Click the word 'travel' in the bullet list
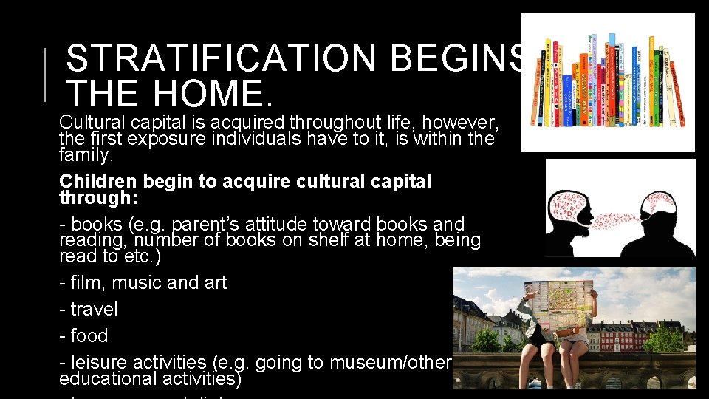[x=94, y=309]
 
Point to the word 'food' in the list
[x=89, y=335]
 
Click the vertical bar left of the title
[x=46, y=74]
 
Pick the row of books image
[x=607, y=81]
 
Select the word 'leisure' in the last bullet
[x=102, y=363]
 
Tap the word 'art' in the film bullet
[x=215, y=282]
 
